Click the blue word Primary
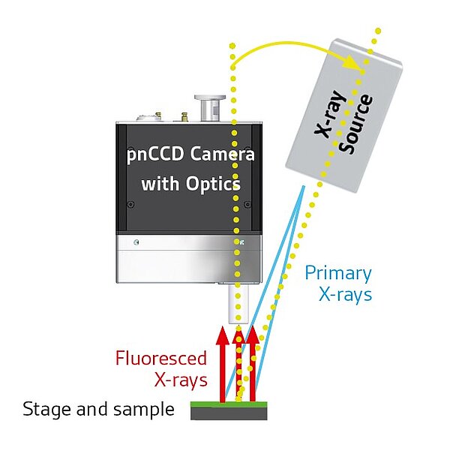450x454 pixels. [337, 272]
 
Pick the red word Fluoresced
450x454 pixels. [160, 358]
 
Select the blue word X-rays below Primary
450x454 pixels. [345, 295]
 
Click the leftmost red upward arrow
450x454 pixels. [223, 364]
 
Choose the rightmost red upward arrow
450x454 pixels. [252, 364]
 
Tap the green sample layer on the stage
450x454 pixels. [229, 404]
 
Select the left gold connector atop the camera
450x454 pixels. [157, 117]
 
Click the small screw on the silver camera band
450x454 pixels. [136, 242]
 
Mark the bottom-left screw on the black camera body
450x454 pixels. [133, 203]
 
